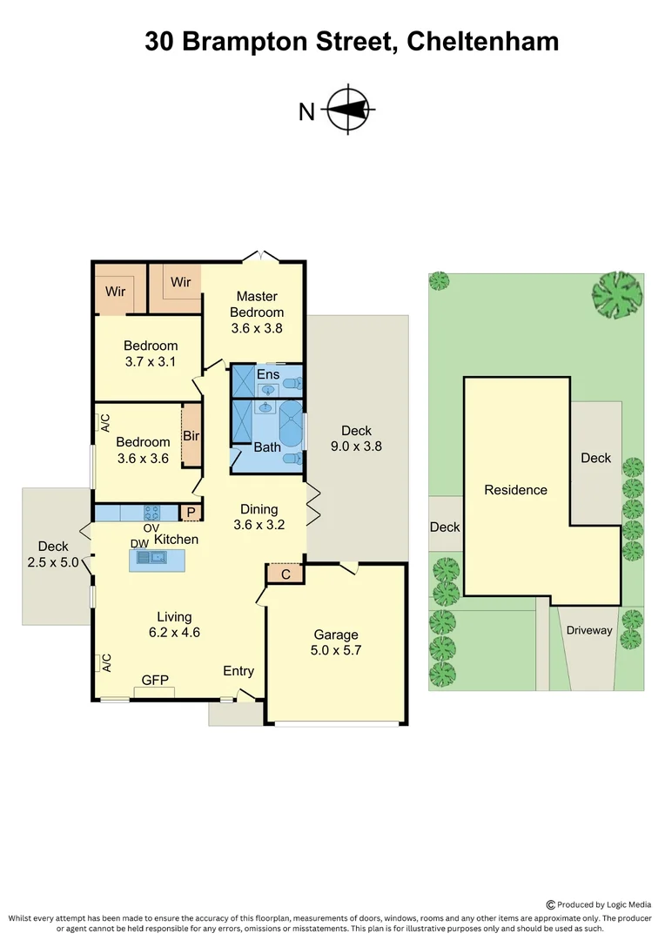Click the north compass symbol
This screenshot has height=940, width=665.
point(350,110)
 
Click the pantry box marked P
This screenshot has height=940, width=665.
point(191,513)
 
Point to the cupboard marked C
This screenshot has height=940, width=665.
point(285,574)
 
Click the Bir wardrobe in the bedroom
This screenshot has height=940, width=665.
point(191,435)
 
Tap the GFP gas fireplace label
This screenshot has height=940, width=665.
point(155,680)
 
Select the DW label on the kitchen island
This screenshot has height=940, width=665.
point(140,543)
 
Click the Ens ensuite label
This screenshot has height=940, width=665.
point(268,374)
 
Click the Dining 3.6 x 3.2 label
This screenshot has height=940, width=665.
point(259,517)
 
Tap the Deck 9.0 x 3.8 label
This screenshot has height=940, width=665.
point(356,439)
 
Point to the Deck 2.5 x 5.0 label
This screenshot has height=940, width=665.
point(53,554)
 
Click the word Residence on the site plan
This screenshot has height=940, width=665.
point(515,490)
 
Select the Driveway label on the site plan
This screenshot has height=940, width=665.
point(589,630)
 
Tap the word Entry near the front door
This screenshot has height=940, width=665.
point(238,671)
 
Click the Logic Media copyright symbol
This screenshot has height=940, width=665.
point(550,905)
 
